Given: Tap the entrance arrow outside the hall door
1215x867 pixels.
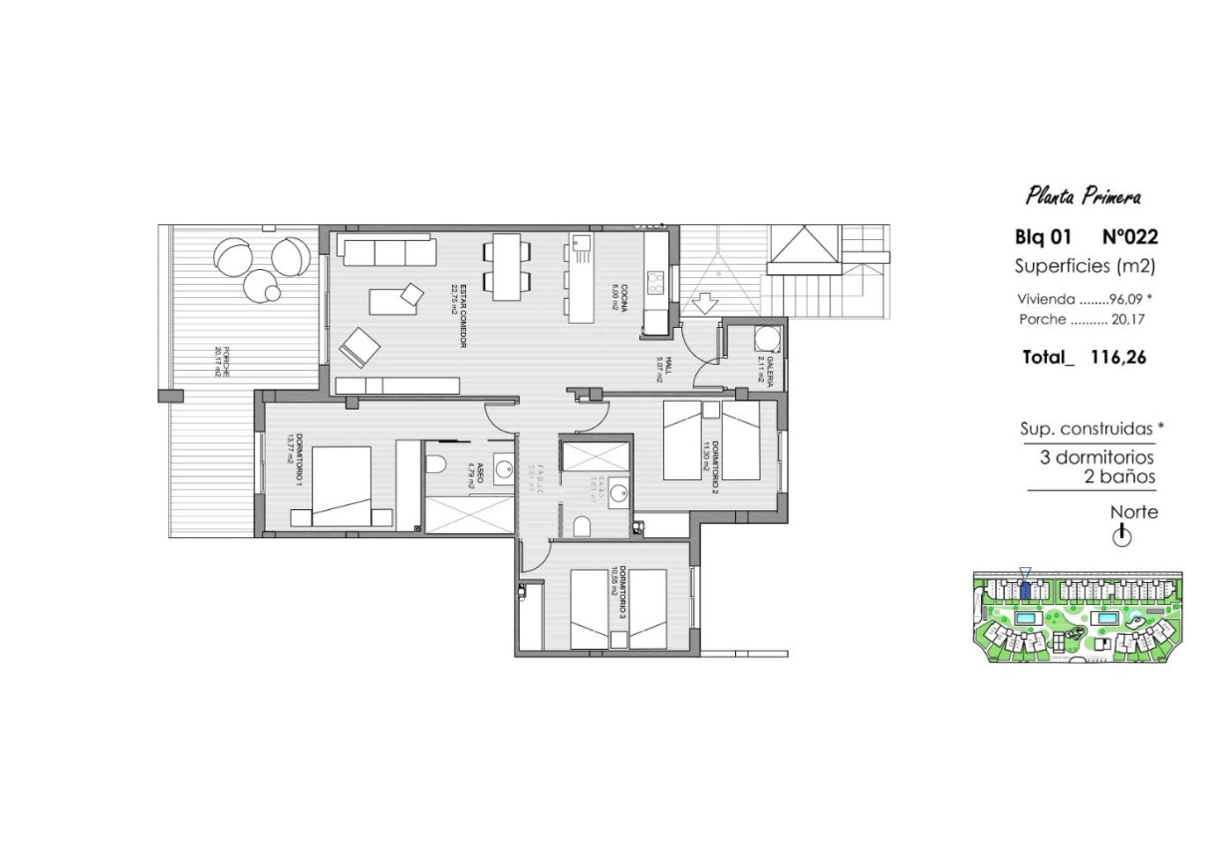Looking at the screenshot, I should coord(704,301).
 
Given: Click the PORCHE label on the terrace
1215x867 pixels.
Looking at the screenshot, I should coord(223,361).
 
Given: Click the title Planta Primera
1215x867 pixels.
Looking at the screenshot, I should coord(1084,197).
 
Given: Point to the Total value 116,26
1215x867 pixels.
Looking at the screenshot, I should coord(1118,357).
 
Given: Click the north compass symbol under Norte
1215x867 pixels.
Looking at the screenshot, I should coord(1121,536).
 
